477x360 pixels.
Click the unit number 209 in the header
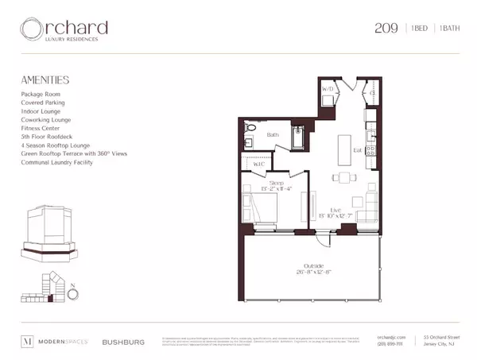[386, 29]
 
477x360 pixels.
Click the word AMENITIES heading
[46, 80]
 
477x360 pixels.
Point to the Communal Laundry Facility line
[57, 162]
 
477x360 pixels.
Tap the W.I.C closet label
[258, 165]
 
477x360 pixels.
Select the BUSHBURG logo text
[123, 342]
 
